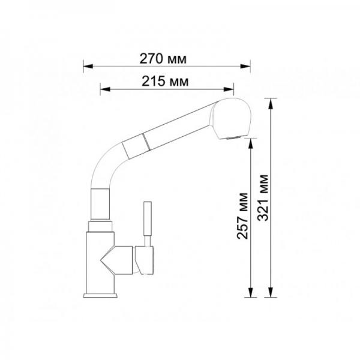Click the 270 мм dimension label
point(163,59)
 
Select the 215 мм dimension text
point(165,81)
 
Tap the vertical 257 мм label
point(242,216)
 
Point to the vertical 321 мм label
point(263,197)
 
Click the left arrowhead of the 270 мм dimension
point(88,67)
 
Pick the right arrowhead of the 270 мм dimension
point(245,67)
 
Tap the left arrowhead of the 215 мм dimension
point(105,89)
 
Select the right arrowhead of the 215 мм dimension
point(229,89)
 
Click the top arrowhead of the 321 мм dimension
point(271,103)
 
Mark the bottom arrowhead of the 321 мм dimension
point(271,292)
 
